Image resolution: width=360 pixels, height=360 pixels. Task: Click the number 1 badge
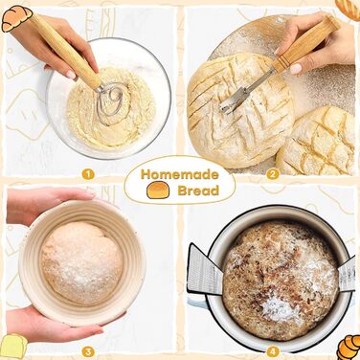point(88,174)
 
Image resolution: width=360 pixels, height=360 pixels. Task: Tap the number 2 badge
point(273,174)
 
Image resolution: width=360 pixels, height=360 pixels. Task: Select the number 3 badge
point(88,352)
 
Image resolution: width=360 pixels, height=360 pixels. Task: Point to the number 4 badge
point(273,352)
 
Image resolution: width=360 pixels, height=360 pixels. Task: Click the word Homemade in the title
point(180,174)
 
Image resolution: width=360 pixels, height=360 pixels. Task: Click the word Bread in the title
point(198,191)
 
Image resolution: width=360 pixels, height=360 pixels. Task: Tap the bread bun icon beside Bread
point(158,190)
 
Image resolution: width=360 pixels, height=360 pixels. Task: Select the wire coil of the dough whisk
point(111,102)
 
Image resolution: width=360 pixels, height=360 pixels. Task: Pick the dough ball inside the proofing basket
point(82,262)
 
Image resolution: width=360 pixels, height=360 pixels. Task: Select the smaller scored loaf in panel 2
point(316,142)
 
